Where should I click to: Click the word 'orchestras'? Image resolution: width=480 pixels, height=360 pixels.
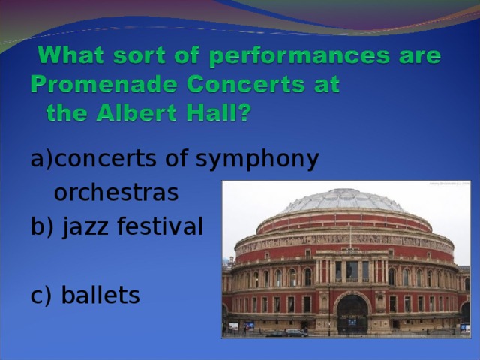click(116, 193)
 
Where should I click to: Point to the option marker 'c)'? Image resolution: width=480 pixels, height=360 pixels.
click(42, 295)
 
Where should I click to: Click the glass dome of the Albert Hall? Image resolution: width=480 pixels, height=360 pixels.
click(344, 200)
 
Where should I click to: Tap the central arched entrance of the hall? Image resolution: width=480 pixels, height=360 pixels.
click(351, 314)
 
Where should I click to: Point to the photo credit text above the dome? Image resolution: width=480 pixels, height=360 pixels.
click(448, 183)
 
